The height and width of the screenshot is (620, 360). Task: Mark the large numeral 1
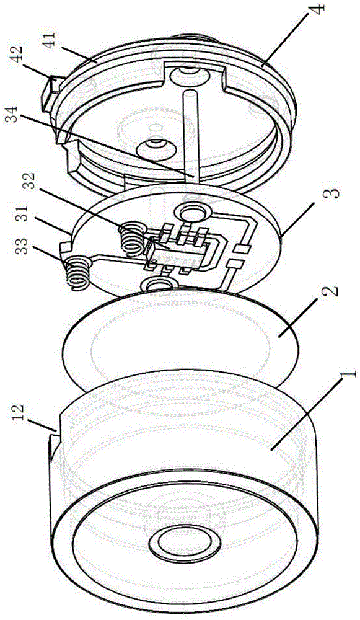tap(347, 375)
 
